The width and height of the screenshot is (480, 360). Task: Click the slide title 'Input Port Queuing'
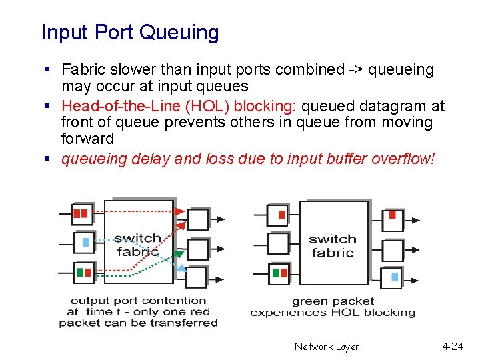(129, 32)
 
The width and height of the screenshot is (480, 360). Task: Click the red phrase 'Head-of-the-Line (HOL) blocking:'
(180, 106)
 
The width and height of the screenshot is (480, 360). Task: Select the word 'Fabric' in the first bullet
(82, 69)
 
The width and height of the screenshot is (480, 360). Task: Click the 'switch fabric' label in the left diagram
(137, 245)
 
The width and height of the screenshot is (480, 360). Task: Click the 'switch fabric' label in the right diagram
(332, 245)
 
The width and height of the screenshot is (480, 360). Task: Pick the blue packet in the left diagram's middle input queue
(85, 243)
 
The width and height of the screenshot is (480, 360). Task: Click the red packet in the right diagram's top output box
(393, 215)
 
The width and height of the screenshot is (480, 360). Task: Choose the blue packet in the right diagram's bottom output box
(394, 276)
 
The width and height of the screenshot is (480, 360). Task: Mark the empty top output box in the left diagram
(197, 219)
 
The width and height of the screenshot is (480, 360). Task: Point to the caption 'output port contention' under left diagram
(138, 301)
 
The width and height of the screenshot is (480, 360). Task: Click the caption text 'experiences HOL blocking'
(332, 312)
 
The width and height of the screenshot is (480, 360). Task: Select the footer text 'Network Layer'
(327, 347)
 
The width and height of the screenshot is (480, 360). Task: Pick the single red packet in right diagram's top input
(281, 215)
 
